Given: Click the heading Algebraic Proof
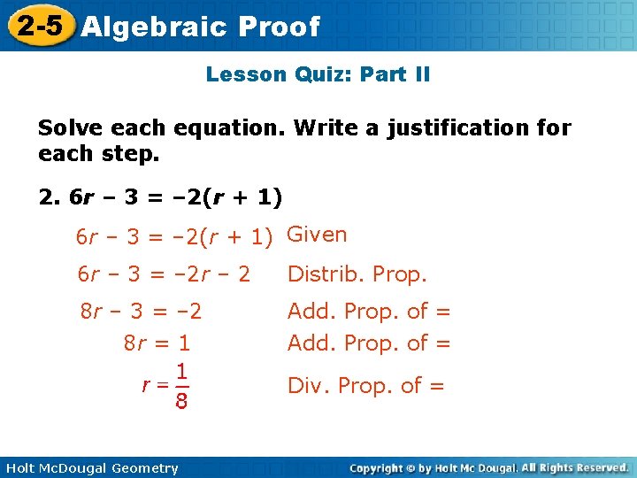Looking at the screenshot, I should pos(200,27).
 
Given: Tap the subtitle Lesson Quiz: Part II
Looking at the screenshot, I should pos(318,74).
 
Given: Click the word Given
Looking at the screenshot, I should pos(318,235).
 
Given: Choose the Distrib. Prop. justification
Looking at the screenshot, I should pos(357,274).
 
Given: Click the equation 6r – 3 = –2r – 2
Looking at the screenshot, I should pos(164,274).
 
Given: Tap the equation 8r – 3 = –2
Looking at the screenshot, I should pos(141,312).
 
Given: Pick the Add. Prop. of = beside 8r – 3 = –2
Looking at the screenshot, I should pos(369,312).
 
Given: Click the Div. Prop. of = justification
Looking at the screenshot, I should pos(365,385).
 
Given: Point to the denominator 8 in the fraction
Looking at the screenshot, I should pos(180,403).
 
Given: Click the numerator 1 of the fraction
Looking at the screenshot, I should pos(180,371).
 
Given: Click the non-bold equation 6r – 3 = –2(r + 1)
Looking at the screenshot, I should pos(174,237).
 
